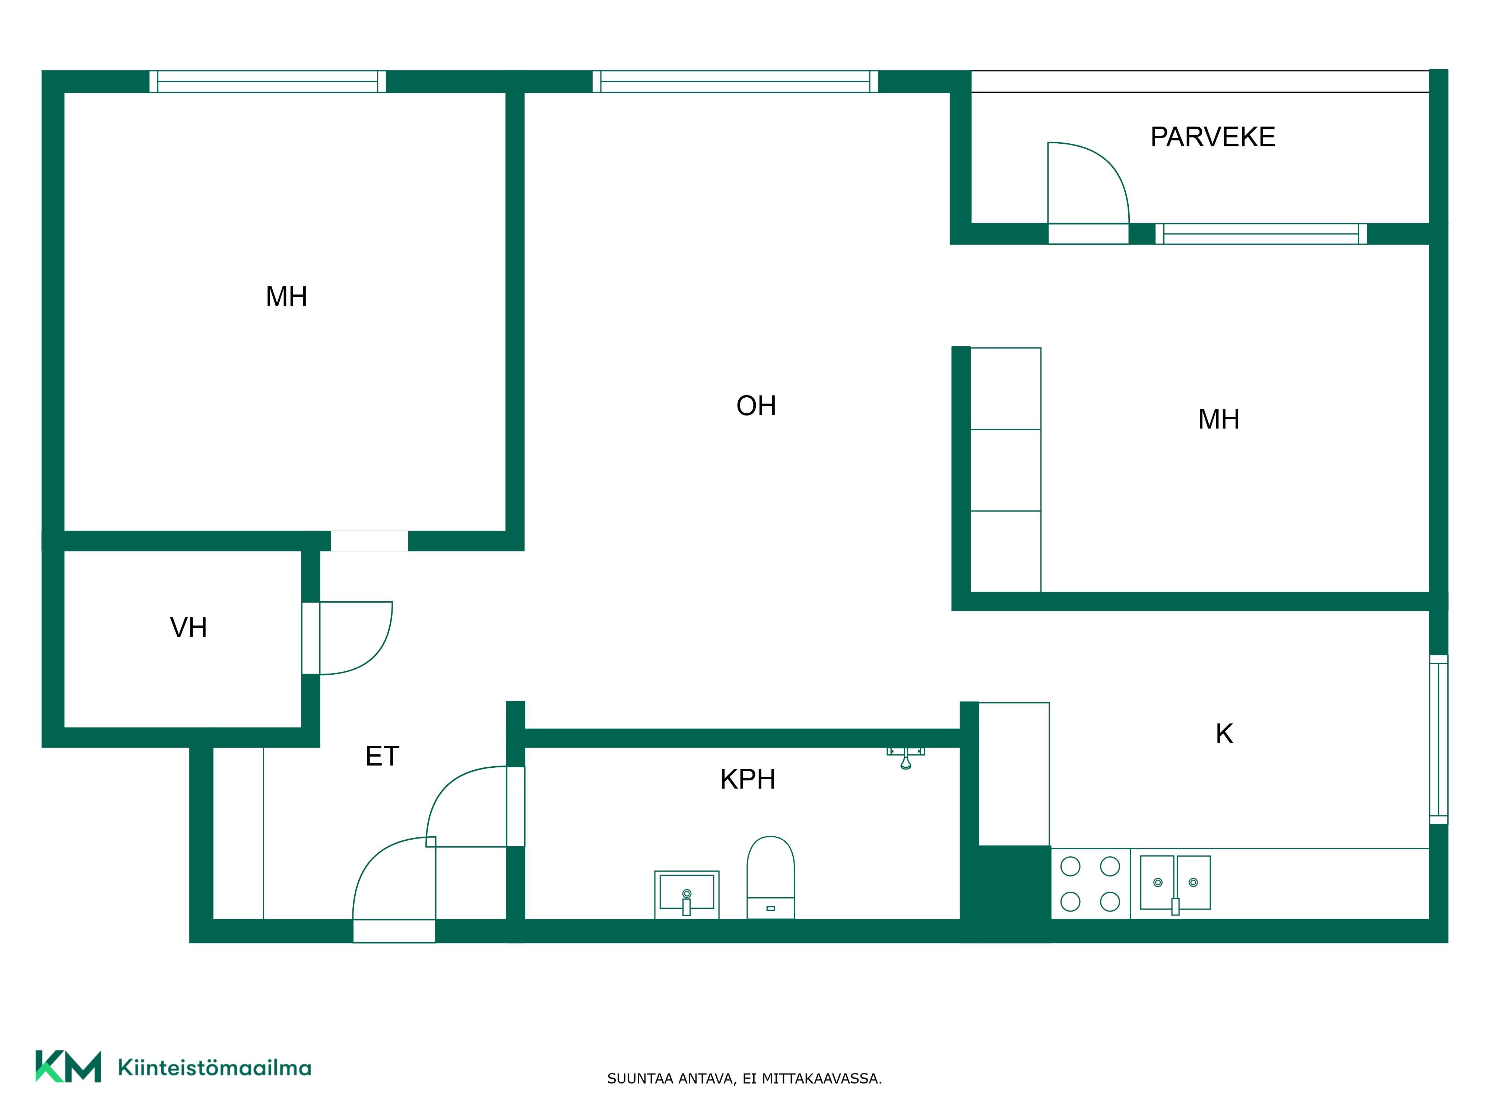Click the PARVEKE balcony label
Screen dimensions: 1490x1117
pyautogui.click(x=1212, y=137)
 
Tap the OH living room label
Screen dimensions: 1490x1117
pyautogui.click(x=757, y=406)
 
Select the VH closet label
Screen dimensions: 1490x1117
pyautogui.click(x=188, y=628)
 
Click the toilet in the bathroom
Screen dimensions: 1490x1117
pyautogui.click(x=771, y=877)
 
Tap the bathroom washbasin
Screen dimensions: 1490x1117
pyautogui.click(x=687, y=895)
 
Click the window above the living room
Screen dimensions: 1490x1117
pyautogui.click(x=735, y=82)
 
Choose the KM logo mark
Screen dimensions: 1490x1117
pyautogui.click(x=68, y=1066)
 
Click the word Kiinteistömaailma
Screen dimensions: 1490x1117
pyautogui.click(x=214, y=1068)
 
